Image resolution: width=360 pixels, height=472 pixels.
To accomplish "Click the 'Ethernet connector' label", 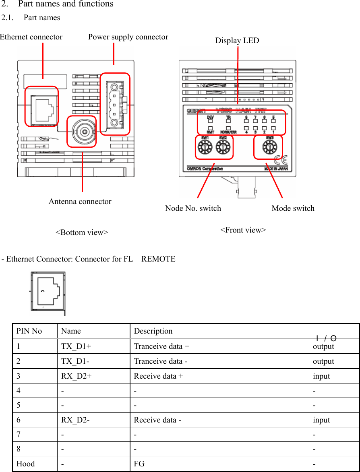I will point(31,37).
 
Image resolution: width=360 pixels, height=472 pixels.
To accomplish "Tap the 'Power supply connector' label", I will point(128,37).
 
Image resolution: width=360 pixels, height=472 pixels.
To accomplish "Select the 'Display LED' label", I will point(237,41).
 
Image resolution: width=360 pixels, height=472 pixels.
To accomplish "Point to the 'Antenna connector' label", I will point(80,202).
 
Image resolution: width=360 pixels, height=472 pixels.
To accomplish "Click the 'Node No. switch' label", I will point(193,208).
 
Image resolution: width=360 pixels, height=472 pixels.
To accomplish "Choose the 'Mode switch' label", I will point(293,208).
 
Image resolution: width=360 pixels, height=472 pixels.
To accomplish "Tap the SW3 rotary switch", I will point(269,148).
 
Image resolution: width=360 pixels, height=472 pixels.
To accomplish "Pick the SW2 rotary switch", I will point(222,148).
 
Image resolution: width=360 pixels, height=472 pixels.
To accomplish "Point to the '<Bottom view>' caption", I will point(81,233).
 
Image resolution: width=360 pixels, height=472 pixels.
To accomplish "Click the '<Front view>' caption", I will point(243,230).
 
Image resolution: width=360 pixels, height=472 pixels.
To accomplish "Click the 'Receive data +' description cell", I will point(158,376).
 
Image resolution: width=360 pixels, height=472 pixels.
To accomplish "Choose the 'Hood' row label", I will point(26,464).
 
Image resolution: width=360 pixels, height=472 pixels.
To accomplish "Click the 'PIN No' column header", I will point(29,331).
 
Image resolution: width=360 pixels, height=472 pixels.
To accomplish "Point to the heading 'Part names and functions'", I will point(66,4).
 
